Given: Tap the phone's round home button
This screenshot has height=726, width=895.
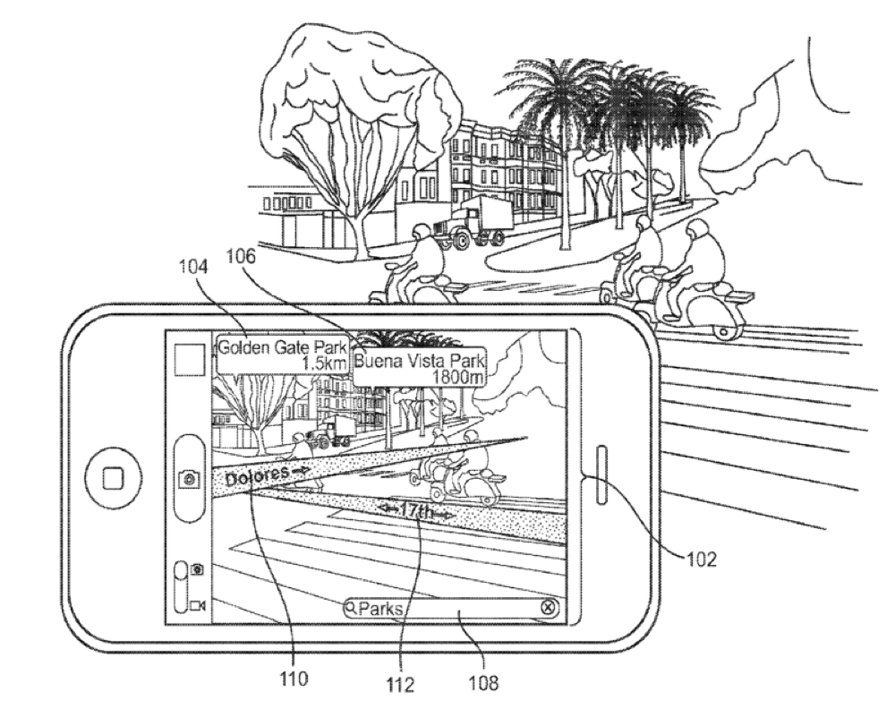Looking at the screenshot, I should pos(114,479).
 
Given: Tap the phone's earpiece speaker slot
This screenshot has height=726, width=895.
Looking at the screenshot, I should pos(598,471).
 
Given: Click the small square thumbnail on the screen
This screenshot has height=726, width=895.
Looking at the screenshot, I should pos(190,363).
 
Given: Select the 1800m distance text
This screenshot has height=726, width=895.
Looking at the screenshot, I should pos(458,377).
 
